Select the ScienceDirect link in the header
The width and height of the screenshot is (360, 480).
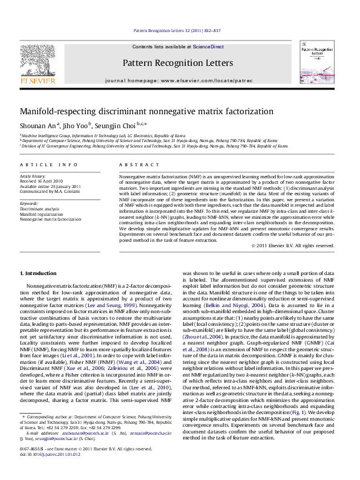pos(209,47)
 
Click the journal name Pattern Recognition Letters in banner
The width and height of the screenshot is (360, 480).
pos(177,62)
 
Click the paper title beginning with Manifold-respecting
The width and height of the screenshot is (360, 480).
pos(139,111)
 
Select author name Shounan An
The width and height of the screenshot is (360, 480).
pos(38,126)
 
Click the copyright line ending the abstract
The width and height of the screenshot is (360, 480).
pos(275,262)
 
